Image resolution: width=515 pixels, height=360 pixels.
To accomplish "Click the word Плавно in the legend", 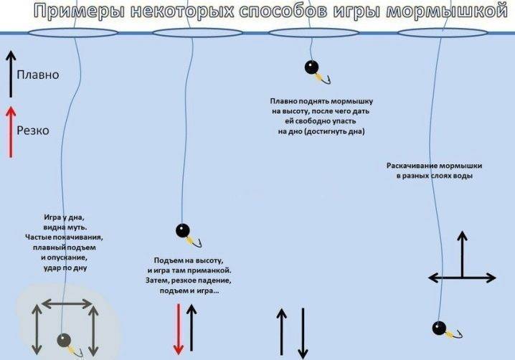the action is [x=38, y=75].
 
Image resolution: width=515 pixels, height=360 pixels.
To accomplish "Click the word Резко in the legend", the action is [x=33, y=131].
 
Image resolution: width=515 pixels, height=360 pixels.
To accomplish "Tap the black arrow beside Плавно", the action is [x=11, y=75].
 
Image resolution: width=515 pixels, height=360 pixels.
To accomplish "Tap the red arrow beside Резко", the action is [x=11, y=132].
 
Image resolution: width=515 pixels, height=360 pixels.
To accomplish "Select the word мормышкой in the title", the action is [x=447, y=11].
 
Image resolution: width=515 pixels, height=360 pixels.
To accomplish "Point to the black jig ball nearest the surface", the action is [x=311, y=67].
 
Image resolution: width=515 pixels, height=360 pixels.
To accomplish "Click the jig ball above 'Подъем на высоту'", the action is [x=183, y=231].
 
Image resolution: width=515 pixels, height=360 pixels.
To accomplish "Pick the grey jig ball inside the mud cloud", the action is [x=64, y=341].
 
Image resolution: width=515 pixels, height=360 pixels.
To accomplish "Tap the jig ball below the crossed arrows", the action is [x=439, y=328].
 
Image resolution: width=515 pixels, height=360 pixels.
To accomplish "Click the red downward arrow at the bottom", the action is [x=179, y=329].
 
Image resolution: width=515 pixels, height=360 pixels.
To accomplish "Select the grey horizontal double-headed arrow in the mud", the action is [x=67, y=304].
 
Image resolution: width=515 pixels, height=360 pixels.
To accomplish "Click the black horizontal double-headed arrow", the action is [x=462, y=278].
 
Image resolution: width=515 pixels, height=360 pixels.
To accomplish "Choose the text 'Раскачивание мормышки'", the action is [x=434, y=166].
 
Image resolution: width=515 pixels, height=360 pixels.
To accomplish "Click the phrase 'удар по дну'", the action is [x=65, y=267].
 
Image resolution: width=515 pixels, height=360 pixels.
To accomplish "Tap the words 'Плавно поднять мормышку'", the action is [x=321, y=101].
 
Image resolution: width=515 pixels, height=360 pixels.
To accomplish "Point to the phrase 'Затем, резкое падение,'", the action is [x=189, y=280].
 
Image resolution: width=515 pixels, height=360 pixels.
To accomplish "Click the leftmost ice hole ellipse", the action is [x=72, y=33].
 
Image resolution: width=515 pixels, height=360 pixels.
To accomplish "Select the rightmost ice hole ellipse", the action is [x=443, y=33].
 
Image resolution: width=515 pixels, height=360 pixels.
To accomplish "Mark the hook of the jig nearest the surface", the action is [x=326, y=80].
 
